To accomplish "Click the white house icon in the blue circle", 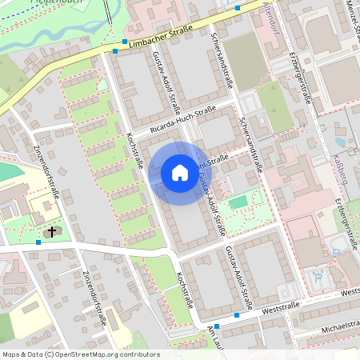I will (180, 173).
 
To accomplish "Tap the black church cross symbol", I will (53, 232).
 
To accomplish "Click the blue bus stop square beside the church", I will (38, 241).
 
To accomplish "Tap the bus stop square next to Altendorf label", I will (238, 8).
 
